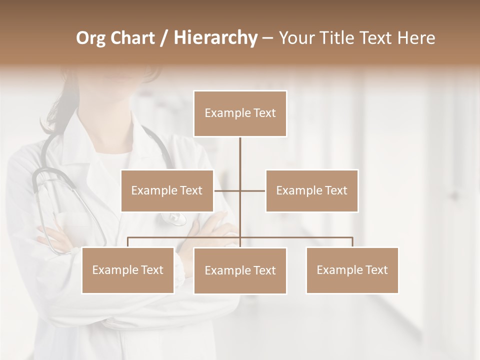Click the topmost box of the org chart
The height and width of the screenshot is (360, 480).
click(240, 113)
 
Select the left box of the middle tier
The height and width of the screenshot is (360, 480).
click(167, 190)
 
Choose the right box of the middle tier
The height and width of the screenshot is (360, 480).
click(311, 190)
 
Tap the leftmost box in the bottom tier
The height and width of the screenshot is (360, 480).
click(127, 270)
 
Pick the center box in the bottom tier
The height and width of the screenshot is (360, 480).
click(240, 270)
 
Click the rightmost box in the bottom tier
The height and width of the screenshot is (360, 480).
click(352, 270)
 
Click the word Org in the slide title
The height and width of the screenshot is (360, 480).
click(90, 38)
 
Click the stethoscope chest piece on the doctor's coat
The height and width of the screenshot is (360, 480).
click(175, 218)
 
